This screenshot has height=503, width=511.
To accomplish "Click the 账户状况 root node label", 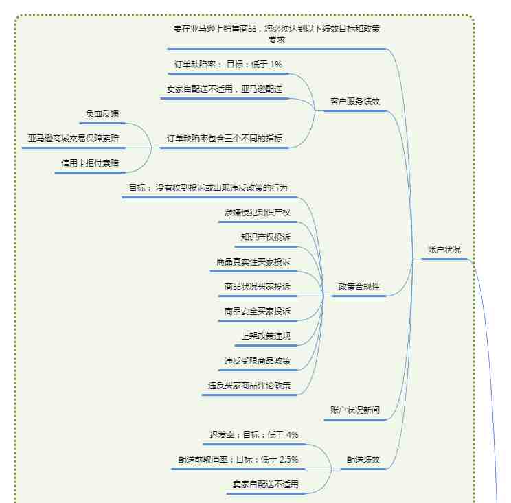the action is coord(444,250).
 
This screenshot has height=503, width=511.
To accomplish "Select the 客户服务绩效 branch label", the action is coord(355,102).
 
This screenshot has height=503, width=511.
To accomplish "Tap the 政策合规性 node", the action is coord(359,287).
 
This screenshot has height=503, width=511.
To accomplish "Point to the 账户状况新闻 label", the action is coord(355,410).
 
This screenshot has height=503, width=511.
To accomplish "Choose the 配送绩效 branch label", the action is coord(363,459).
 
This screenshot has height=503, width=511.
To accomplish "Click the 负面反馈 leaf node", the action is coord(102,114).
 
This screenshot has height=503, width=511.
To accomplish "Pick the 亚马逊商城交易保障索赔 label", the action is coord(73,139).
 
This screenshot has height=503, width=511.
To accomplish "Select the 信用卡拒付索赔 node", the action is coord(89,163).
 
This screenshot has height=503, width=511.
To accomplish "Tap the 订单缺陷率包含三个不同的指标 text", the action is coord(225,139).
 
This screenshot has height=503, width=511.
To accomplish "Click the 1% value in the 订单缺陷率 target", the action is coord(275,64).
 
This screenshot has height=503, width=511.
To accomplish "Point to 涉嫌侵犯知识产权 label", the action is coord(258,213).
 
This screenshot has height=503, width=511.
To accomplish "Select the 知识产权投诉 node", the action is coord(266,237).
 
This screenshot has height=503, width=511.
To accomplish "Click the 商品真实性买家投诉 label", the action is coord(253,261).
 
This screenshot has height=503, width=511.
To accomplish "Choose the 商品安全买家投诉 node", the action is coord(258,312).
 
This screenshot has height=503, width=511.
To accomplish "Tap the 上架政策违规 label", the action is coord(266,336).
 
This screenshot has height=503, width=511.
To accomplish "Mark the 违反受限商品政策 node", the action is coord(258,361).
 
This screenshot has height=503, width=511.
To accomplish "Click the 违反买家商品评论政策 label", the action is coord(249,386).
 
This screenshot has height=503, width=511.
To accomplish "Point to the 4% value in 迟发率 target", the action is coord(292,434).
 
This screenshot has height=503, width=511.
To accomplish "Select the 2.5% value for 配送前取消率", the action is coord(288,459).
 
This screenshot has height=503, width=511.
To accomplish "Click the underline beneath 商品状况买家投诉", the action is coord(258,296).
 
